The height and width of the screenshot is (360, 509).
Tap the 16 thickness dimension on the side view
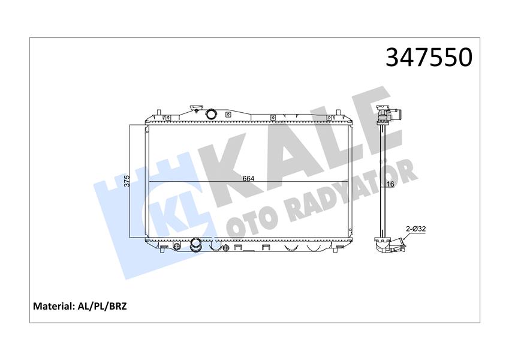point(390,184)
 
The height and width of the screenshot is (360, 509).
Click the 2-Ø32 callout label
point(415,229)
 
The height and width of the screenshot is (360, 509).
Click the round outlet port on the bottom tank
point(196,244)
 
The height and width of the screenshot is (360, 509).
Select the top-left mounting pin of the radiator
point(157,112)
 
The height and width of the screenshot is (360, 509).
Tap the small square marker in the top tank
point(228,114)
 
